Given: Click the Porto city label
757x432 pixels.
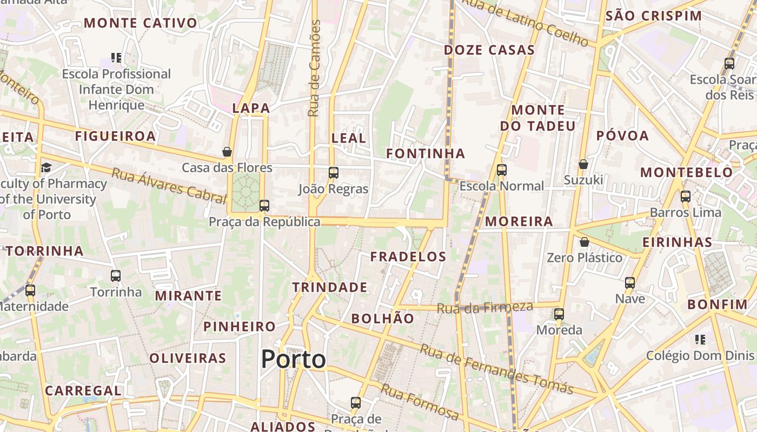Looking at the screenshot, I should (294, 360).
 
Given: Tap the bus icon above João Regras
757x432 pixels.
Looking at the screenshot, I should (334, 173).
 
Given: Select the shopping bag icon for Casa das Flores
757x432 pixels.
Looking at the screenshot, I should (227, 152).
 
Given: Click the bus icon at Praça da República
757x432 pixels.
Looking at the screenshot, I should (264, 205).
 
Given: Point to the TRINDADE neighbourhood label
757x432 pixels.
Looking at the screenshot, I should (330, 287).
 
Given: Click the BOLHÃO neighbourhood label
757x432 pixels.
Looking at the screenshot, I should (383, 319).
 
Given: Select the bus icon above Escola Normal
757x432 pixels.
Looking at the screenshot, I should (502, 170).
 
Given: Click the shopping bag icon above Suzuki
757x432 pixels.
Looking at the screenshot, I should (583, 164).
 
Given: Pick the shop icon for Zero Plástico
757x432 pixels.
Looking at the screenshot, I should (585, 242).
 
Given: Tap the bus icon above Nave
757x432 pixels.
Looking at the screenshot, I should (630, 282).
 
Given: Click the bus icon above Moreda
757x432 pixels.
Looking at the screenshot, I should (559, 314).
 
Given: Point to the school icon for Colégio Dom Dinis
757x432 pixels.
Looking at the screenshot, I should (700, 340).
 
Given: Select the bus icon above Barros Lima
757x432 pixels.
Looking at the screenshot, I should (686, 196).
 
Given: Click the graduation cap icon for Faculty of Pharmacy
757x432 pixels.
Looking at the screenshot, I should (46, 167).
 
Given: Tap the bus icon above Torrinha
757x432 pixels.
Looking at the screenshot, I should (116, 276).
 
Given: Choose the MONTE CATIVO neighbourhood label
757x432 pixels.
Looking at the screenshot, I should (141, 23).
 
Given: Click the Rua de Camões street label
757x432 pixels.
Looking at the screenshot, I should (314, 68).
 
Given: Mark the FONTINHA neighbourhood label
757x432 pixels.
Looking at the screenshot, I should (426, 154).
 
